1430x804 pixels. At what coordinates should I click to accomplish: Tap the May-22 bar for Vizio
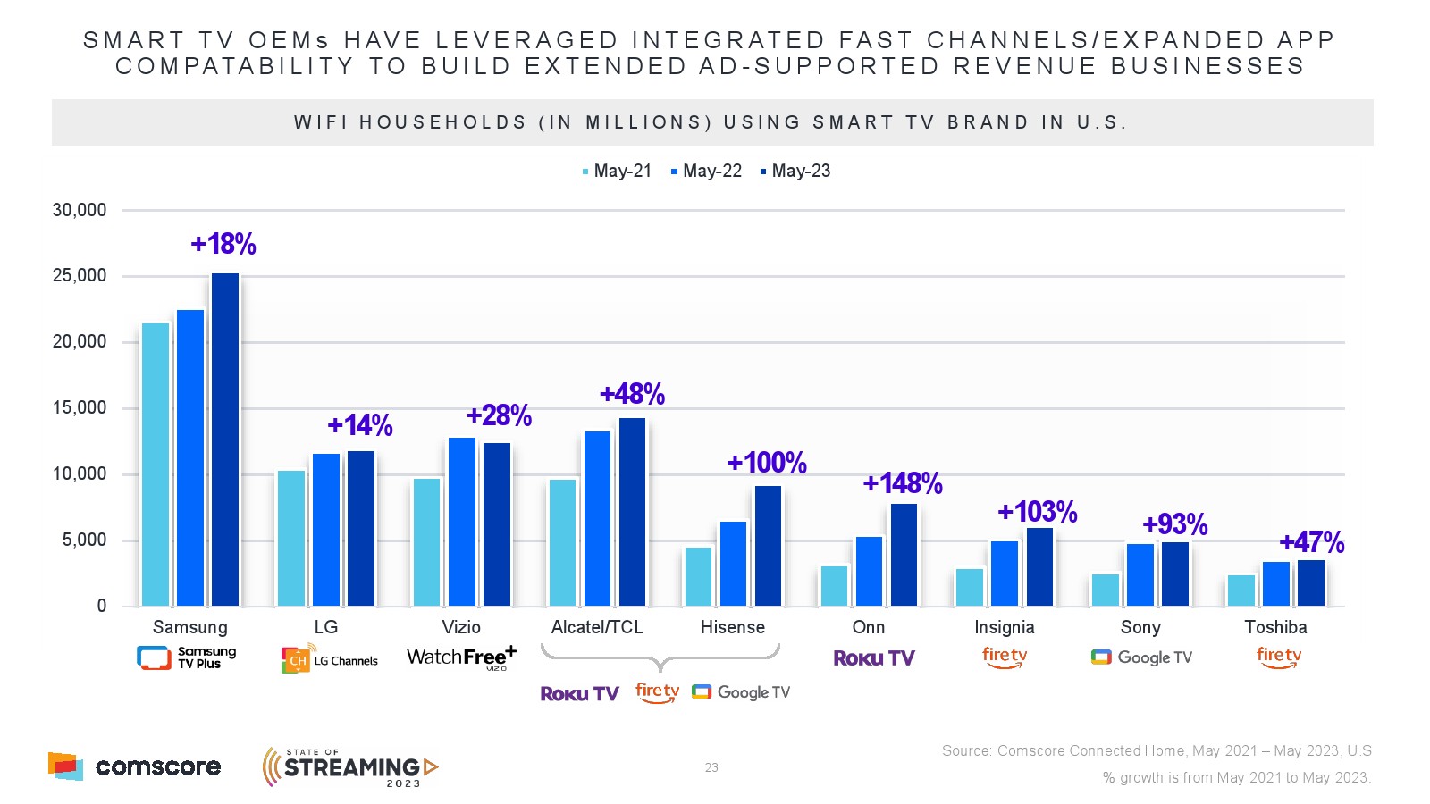[462, 522]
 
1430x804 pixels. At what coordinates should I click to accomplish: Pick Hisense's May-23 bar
[768, 546]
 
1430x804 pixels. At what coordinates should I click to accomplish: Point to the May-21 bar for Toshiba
[1241, 590]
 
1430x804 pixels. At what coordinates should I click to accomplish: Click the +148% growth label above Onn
[902, 483]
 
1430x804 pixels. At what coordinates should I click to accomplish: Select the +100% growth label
[766, 463]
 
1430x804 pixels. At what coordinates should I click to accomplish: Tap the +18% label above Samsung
[223, 244]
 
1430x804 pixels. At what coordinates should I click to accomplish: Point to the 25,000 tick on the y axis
[80, 276]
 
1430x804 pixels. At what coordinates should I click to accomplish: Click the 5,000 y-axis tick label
[84, 540]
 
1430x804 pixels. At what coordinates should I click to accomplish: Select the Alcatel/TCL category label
[597, 627]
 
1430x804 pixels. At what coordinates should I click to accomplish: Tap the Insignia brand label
[1005, 627]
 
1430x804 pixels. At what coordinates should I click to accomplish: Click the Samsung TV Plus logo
[187, 657]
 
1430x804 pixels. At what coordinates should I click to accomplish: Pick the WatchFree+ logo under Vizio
[461, 657]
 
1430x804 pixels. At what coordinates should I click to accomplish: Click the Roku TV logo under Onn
[874, 658]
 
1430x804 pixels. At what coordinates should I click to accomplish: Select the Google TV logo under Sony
[1141, 657]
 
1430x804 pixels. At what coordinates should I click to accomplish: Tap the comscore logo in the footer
[134, 766]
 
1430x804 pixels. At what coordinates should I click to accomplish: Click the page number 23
[711, 767]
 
